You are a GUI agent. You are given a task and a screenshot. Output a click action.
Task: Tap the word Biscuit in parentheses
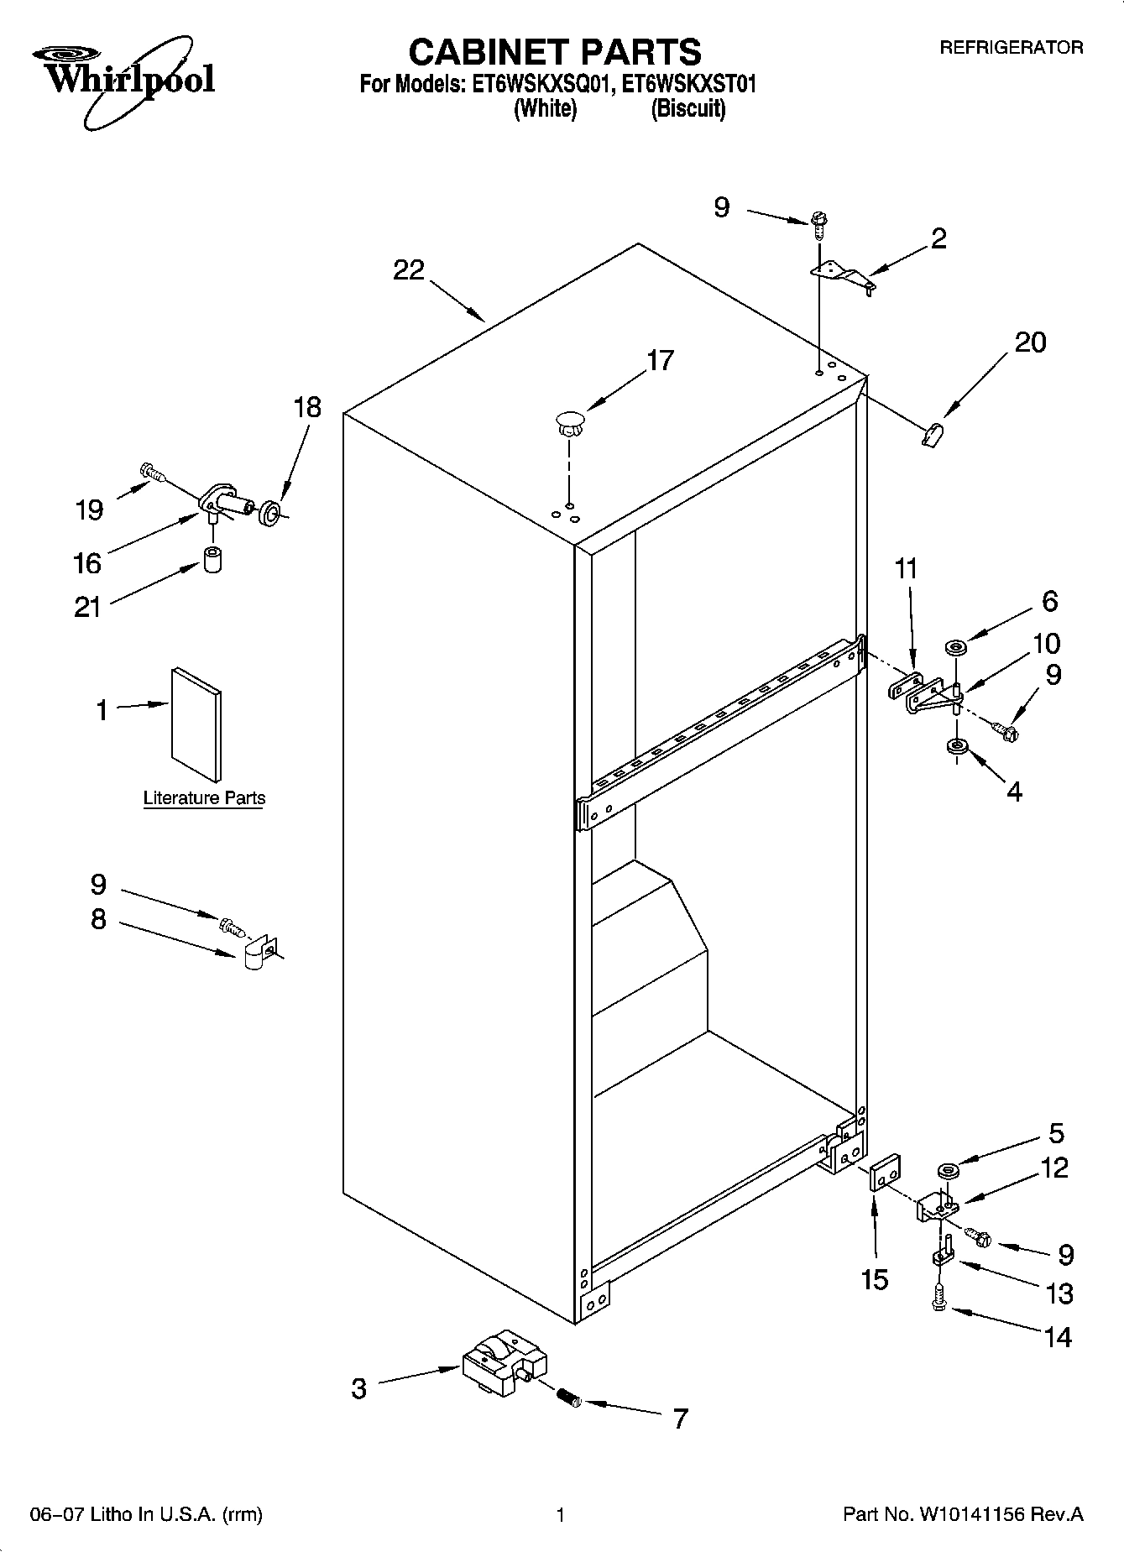point(687,108)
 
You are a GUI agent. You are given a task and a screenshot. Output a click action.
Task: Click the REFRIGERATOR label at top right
point(1011,48)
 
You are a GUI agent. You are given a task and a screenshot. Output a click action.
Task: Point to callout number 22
point(409,270)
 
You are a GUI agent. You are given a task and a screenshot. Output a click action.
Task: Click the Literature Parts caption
point(204,798)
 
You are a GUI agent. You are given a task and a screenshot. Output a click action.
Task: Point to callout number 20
point(1030,342)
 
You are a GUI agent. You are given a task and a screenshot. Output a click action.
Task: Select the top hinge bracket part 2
point(842,274)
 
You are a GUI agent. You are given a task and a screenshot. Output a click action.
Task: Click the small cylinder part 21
point(212,560)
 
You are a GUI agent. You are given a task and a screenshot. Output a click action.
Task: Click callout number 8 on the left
point(98,920)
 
